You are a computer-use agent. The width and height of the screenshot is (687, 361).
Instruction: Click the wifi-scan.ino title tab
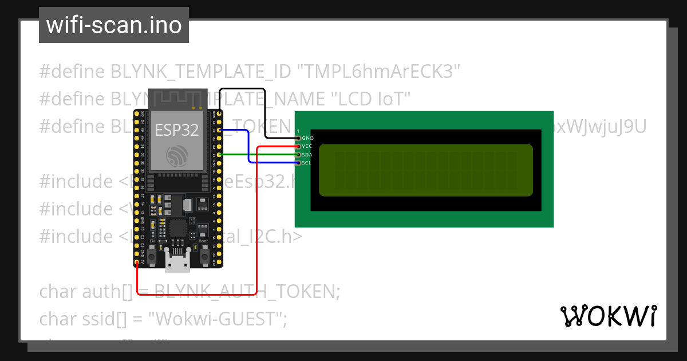113,26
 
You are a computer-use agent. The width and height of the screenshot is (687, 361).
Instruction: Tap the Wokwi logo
608,316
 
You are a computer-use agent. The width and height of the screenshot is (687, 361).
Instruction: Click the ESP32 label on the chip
177,130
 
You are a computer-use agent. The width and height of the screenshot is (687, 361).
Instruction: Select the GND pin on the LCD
298,138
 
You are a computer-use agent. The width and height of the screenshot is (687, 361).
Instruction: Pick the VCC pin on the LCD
298,147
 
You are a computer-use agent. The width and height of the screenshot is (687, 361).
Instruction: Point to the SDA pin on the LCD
298,155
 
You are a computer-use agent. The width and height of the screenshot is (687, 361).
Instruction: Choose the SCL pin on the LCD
298,163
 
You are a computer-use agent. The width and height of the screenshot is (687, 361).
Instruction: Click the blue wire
248,147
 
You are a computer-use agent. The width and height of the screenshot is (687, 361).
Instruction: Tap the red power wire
256,229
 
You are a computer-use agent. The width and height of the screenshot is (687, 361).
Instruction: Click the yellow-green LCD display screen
425,170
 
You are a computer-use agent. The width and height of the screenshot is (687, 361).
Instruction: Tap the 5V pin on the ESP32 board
137,262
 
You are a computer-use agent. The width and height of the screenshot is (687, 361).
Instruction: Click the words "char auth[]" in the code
86,292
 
